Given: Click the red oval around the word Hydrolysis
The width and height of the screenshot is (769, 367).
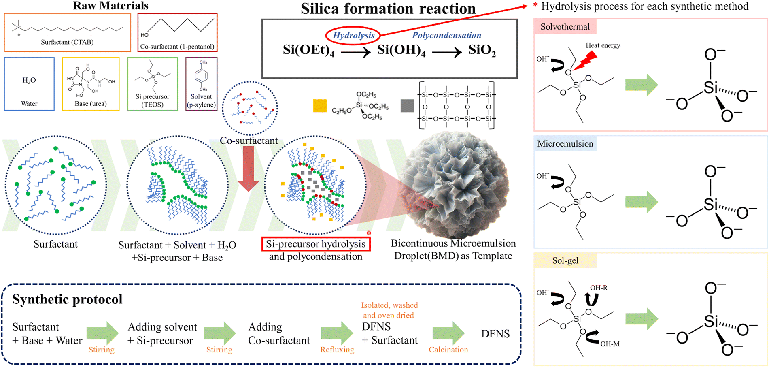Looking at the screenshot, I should coord(353,36).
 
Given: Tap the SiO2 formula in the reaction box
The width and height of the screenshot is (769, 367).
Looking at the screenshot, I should coord(482,51).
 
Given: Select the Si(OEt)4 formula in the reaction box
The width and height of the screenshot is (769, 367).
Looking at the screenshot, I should coord(308,51).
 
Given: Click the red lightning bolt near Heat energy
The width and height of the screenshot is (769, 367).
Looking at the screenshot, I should coord(585,60).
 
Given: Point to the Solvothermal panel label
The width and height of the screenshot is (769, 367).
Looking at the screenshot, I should coord(565,27).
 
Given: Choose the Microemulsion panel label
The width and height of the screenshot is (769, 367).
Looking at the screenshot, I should coord(565,144).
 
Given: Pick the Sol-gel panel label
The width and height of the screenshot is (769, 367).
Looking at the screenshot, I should coord(565,261).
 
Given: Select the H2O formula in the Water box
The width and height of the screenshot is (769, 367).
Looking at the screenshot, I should coord(29,80).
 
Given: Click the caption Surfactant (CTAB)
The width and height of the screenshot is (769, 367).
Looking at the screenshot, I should coord(67,42).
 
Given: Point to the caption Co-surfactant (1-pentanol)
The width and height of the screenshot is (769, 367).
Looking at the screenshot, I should coord(177,47).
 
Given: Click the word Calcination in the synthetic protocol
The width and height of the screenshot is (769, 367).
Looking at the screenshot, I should coord(448,350).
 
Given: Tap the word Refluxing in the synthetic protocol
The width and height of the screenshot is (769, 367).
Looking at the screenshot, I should coord(337,350).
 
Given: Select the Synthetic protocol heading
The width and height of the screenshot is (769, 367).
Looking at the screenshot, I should coord(67,299).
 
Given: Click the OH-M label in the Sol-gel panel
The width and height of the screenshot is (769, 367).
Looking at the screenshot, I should coord(610,344).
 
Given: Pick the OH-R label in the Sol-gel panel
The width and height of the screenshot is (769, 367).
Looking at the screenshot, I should coord(598,288).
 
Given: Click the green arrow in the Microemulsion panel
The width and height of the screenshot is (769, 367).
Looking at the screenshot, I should coord(642,202).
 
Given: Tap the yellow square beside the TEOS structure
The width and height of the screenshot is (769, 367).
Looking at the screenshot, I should coord(320,106).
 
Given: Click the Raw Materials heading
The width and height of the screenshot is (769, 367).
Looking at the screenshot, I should coord(110,6).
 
